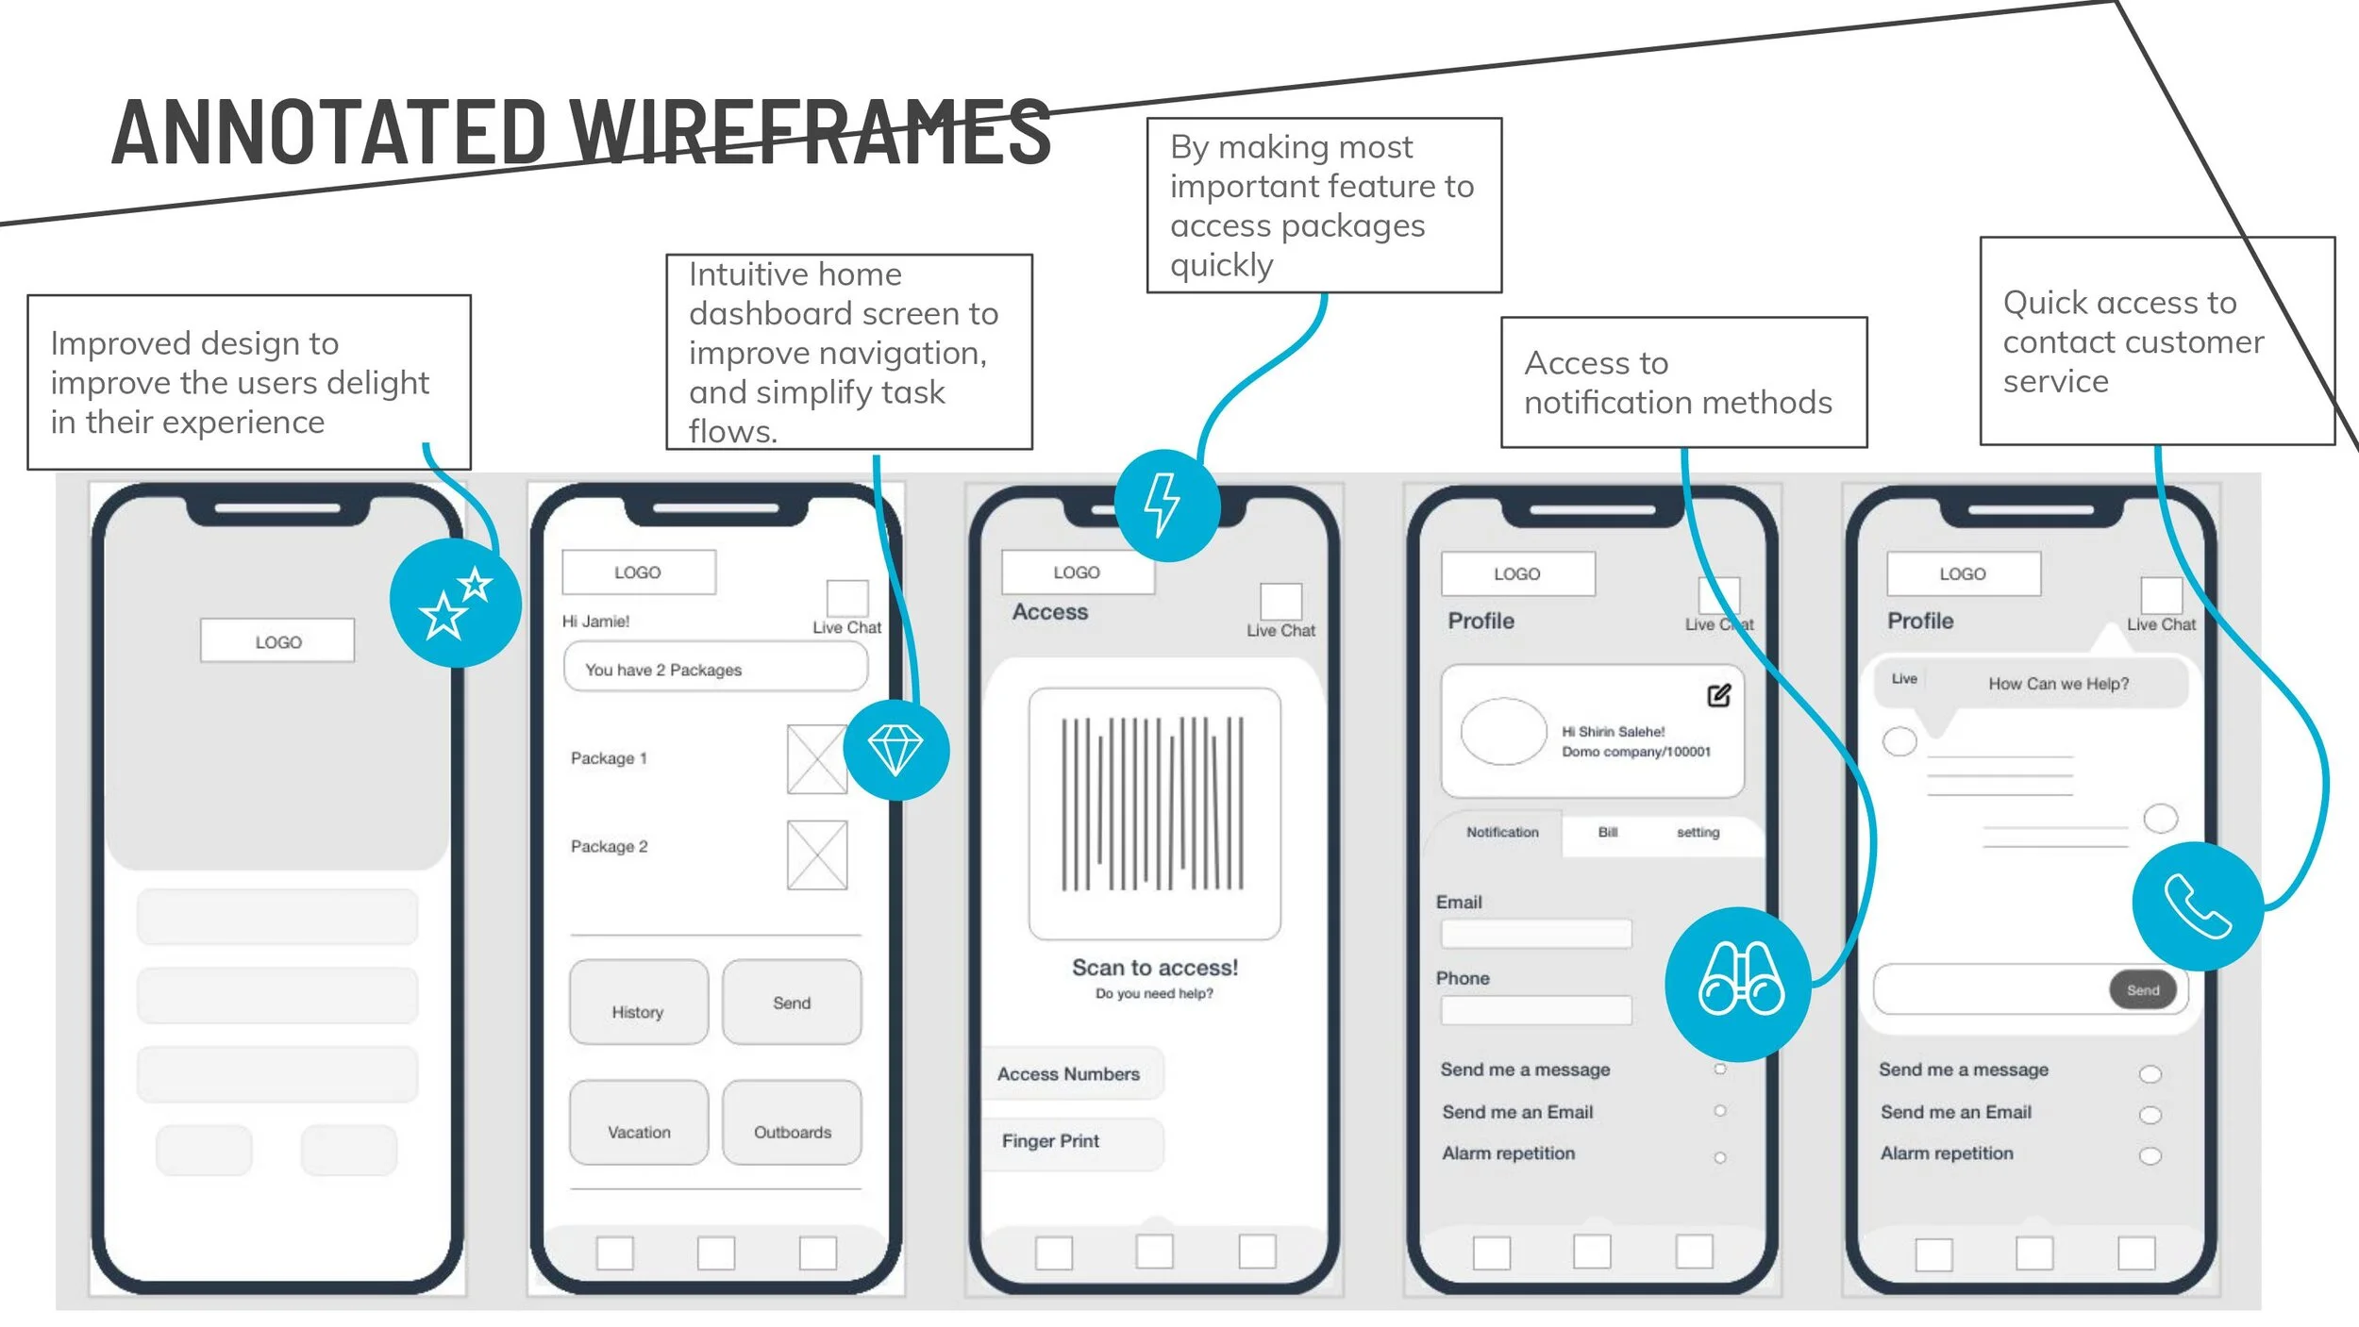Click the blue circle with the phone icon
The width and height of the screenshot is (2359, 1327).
[2197, 906]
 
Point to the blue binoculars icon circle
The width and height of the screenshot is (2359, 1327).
[1738, 984]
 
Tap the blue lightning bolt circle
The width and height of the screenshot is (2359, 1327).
[1166, 506]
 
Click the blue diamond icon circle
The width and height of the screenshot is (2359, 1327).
[895, 750]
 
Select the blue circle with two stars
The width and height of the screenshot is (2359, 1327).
[456, 604]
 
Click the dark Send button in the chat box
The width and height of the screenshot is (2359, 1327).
[2142, 990]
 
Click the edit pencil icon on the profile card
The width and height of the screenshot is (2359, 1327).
[1718, 696]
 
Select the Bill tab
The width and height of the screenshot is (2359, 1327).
[1607, 832]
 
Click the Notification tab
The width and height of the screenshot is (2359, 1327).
[1501, 832]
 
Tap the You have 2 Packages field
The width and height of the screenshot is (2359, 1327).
[715, 668]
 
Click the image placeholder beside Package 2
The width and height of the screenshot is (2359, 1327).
[817, 854]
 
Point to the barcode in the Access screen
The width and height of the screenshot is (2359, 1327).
[1153, 804]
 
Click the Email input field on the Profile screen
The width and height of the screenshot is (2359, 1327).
[1535, 934]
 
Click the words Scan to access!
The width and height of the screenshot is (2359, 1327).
[1154, 968]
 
